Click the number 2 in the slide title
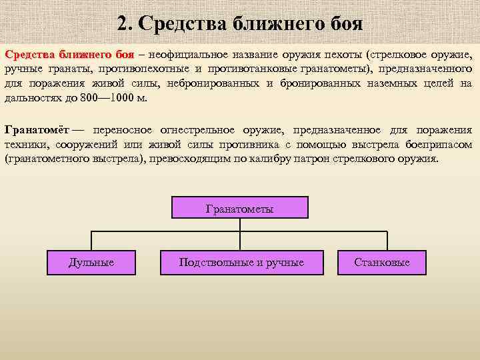click(x=123, y=25)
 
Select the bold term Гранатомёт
click(x=36, y=130)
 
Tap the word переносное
click(x=123, y=130)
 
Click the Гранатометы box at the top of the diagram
click(x=240, y=208)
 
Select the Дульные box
click(x=91, y=262)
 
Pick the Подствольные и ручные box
click(x=241, y=262)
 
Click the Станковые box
click(x=382, y=262)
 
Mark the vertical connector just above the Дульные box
click(x=91, y=240)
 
